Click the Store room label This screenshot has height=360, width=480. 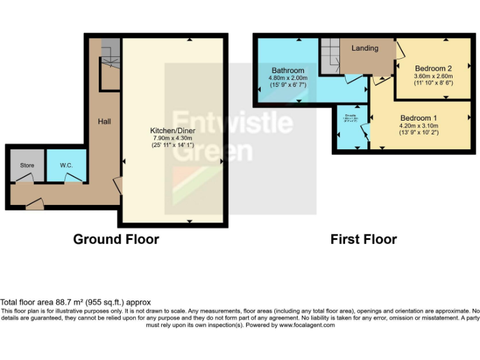pyautogui.click(x=26, y=165)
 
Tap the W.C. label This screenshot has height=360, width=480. pyautogui.click(x=67, y=165)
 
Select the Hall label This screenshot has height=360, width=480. pyautogui.click(x=104, y=121)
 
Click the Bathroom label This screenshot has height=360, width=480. pyautogui.click(x=288, y=71)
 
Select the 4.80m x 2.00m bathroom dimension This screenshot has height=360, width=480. pyautogui.click(x=288, y=77)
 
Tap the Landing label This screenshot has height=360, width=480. pyautogui.click(x=364, y=48)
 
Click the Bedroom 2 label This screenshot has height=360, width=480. pyautogui.click(x=433, y=68)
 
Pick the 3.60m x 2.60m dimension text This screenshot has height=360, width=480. pyautogui.click(x=433, y=76)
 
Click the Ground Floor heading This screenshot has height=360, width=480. pyautogui.click(x=116, y=239)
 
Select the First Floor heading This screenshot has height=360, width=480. pyautogui.click(x=364, y=239)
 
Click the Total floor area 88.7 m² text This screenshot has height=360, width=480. pyautogui.click(x=76, y=302)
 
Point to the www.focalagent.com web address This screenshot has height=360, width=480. pyautogui.click(x=306, y=325)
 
